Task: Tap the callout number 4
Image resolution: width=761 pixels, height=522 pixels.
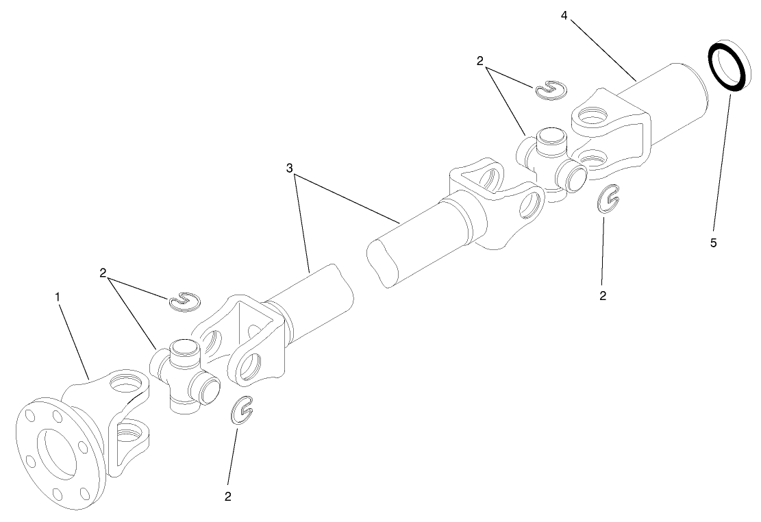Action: pyautogui.click(x=563, y=15)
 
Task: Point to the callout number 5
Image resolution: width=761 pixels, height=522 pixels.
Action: pyautogui.click(x=713, y=243)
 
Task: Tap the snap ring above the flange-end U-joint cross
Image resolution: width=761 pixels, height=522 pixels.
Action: pyautogui.click(x=184, y=300)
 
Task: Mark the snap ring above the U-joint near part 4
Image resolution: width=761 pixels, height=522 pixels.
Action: pyautogui.click(x=551, y=89)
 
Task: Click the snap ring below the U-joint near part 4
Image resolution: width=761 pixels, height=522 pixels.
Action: pyautogui.click(x=608, y=200)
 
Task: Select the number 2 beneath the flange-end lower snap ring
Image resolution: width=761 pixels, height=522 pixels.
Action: pyautogui.click(x=227, y=496)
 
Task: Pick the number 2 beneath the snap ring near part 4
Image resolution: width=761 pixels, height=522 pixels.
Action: pyautogui.click(x=603, y=296)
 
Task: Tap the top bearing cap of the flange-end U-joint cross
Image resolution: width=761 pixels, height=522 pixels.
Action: pyautogui.click(x=182, y=348)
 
